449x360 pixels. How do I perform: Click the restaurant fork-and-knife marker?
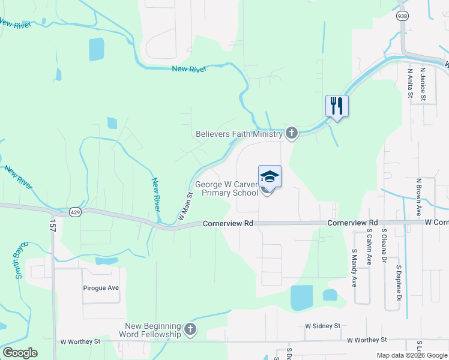point(337,106)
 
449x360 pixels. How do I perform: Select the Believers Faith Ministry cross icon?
point(291,133)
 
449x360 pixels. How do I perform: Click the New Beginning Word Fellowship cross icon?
point(190,329)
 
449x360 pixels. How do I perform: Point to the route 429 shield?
point(75,212)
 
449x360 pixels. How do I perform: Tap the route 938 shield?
point(402,16)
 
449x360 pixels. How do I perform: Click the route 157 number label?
point(52,226)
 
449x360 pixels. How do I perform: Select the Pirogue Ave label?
point(101,288)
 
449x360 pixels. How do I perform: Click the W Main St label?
point(184,205)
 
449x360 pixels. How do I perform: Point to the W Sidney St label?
point(322,326)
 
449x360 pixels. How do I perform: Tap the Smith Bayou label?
point(21,260)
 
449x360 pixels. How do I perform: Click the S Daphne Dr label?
point(398,281)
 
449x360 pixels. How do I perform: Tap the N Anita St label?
point(410,83)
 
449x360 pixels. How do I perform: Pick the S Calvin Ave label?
point(370,246)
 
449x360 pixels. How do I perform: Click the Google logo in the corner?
point(20,353)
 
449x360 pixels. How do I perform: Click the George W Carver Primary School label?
point(224,188)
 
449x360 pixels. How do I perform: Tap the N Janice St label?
point(423,83)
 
